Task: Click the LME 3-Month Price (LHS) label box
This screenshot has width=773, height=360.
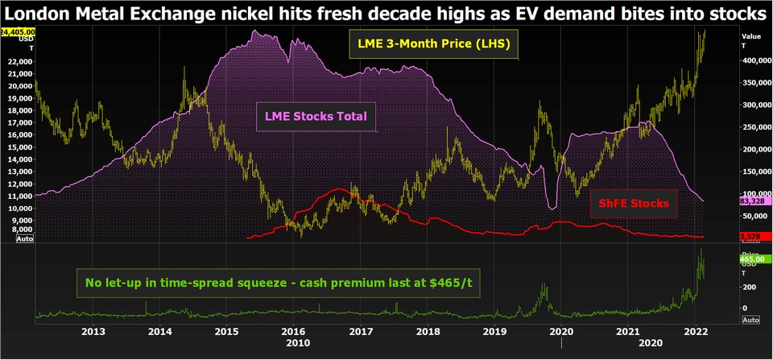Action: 432,43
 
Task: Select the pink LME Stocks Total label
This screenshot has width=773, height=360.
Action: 316,118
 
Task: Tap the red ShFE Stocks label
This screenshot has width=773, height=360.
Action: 633,204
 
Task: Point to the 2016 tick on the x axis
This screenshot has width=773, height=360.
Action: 294,331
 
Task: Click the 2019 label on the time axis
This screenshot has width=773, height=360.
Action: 494,331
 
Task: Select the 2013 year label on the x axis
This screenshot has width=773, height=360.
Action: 93,331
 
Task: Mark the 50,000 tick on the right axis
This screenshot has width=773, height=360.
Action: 755,217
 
